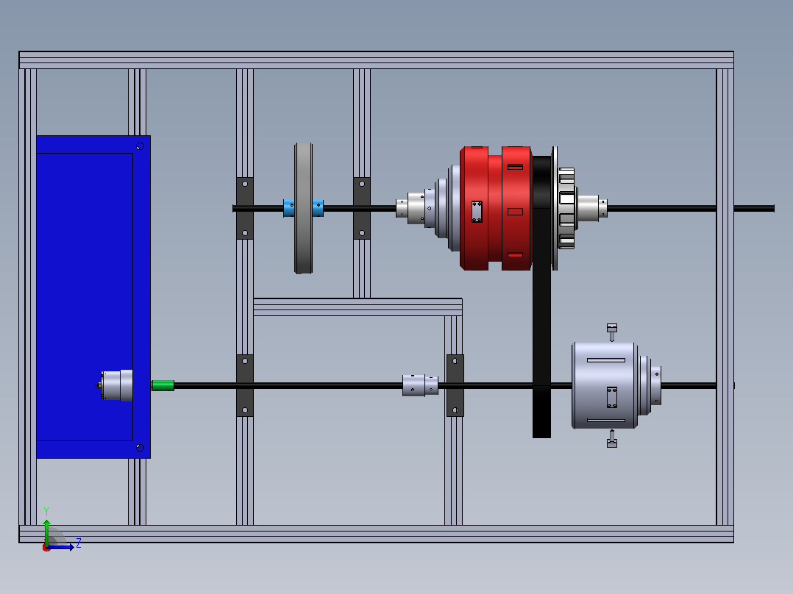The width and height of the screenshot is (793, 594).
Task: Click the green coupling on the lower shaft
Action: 163,385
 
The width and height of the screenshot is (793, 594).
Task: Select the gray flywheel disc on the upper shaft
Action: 303,208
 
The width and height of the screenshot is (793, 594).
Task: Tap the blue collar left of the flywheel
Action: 289,208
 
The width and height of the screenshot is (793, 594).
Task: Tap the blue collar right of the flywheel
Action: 318,208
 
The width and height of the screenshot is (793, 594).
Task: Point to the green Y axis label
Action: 46,511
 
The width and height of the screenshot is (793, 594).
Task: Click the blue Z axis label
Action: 79,543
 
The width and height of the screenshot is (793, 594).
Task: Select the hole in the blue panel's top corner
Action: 140,146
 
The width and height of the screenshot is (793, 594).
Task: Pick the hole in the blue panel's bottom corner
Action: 140,448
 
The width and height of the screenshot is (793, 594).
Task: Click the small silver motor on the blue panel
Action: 117,385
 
